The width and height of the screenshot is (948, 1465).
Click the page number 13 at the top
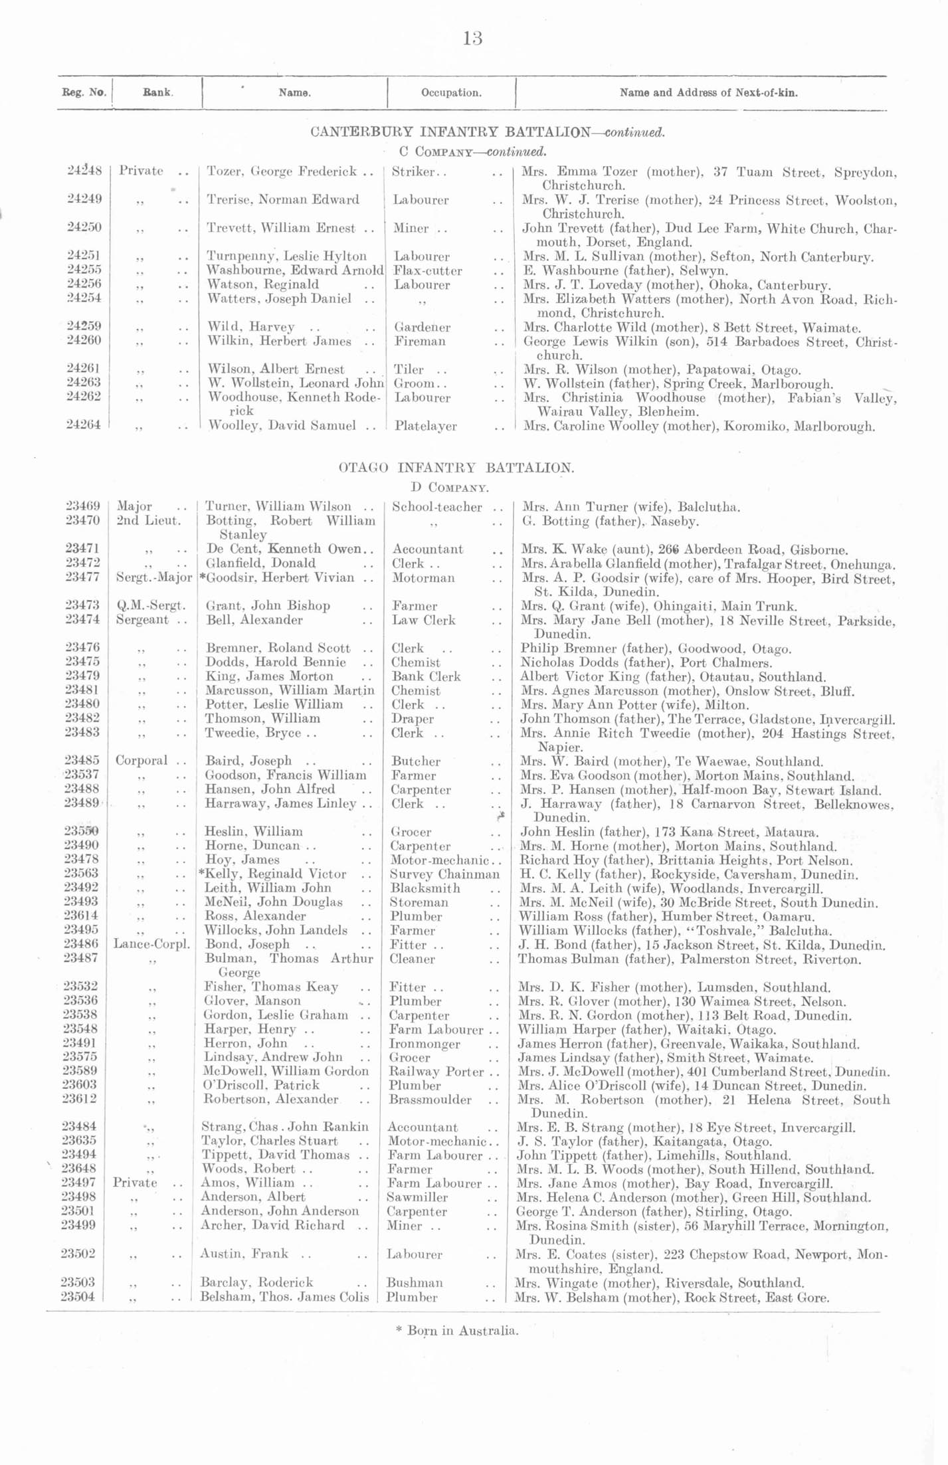472,39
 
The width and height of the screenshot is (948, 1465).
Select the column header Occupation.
451,93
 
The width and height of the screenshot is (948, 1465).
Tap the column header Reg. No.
84,92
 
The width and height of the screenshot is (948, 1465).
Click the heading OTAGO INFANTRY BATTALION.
456,467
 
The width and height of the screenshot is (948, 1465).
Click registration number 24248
84,171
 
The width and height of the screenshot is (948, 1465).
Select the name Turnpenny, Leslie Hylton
287,256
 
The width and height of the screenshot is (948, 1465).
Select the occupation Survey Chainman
444,874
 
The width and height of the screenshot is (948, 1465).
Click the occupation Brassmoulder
430,1100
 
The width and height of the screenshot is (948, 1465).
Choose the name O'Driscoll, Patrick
262,1085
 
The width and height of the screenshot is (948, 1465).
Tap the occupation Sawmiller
417,1197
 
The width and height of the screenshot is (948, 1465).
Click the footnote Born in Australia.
457,1330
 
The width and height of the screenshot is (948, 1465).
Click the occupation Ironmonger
425,1044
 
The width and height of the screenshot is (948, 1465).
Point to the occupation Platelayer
426,426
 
